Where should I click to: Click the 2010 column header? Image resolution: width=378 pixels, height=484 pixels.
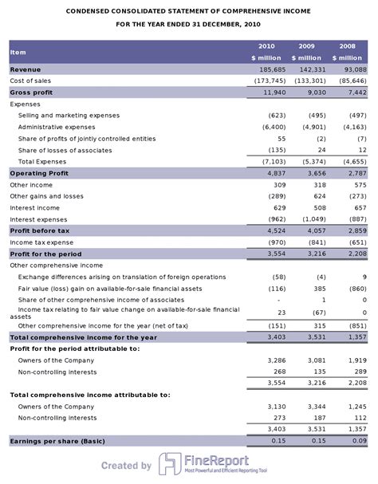point(266,46)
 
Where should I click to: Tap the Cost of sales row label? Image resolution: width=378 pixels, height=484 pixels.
point(30,81)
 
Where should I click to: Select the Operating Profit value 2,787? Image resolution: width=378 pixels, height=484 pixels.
point(356,173)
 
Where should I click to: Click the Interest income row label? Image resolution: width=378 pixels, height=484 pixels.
point(33,207)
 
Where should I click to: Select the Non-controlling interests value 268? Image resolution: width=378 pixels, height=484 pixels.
point(279,372)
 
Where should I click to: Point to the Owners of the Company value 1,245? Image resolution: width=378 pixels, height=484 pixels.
point(356,406)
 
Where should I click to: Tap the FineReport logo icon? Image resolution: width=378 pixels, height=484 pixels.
point(168,465)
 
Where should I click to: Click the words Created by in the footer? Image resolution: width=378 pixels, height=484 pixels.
point(126,466)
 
